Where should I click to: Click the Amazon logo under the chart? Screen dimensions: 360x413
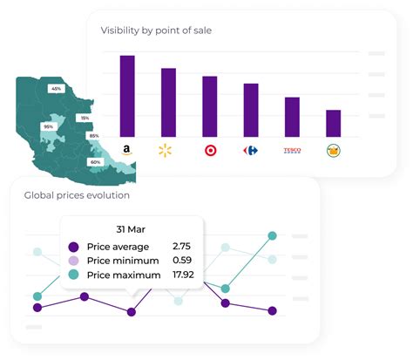pos(127,151)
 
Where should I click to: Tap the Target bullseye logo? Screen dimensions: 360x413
pos(209,151)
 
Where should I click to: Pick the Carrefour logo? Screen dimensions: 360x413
pos(251,151)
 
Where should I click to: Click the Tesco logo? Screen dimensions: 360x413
pos(292,151)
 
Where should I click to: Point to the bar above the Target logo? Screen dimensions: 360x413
pos(209,105)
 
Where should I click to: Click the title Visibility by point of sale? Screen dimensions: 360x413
pos(156,31)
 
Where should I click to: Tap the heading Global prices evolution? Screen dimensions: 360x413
pos(77,195)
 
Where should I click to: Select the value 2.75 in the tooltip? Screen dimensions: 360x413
pos(182,247)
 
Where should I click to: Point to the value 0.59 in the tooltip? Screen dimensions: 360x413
pos(182,261)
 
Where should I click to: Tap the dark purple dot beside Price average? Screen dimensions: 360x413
pos(73,247)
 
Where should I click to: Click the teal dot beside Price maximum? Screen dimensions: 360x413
pos(73,275)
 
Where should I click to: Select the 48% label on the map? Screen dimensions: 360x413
pos(56,89)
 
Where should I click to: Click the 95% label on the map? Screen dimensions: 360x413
pos(48,126)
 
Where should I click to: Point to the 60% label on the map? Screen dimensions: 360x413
pos(95,162)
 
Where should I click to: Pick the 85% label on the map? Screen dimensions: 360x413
pos(94,135)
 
